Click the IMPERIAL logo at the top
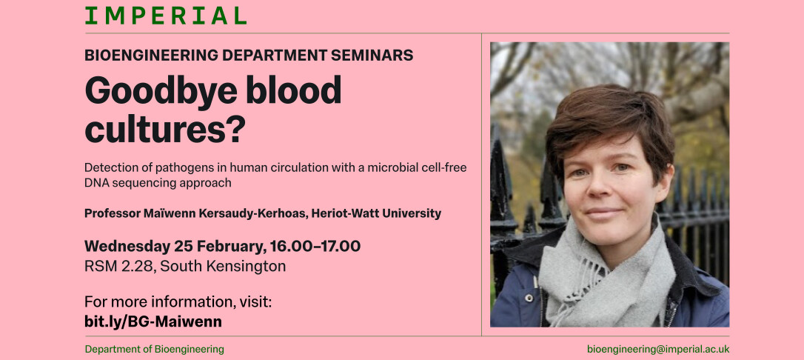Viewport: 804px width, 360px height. [x=165, y=16]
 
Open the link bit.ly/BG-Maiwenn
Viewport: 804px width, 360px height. [x=153, y=321]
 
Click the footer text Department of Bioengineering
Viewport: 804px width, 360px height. [x=154, y=349]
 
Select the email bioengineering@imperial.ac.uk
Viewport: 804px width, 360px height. [x=657, y=349]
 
